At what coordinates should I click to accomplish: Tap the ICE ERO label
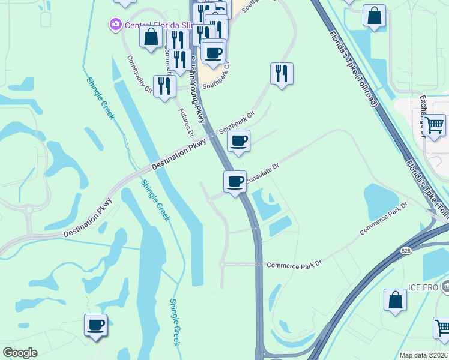click(423, 287)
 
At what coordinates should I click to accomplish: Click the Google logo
click(20, 353)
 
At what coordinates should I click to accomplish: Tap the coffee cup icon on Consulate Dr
click(235, 181)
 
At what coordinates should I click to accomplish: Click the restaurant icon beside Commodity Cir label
click(164, 86)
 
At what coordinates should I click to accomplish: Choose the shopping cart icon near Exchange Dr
click(435, 125)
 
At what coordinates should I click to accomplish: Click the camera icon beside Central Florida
click(115, 25)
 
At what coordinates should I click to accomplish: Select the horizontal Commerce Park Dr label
click(294, 265)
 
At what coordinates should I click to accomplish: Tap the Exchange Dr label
click(423, 108)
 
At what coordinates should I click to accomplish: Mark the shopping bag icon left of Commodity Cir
click(150, 37)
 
